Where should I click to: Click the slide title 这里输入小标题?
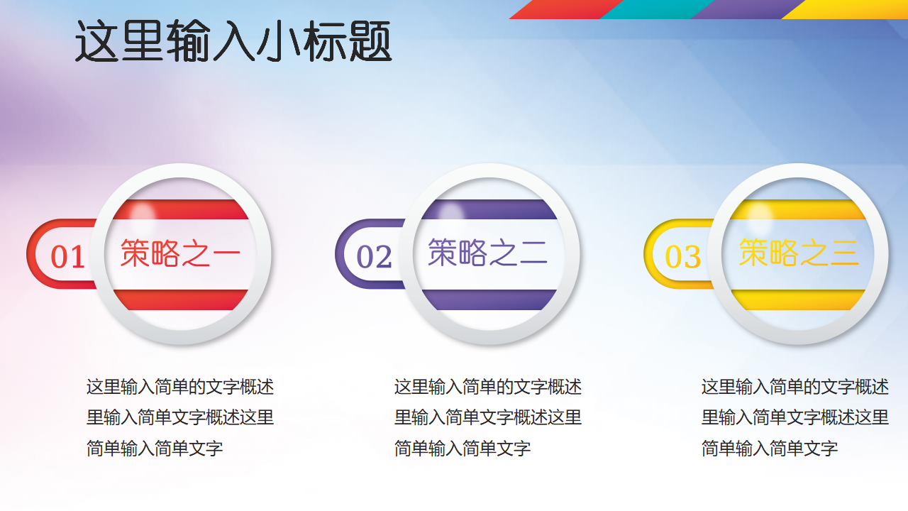pos(233,41)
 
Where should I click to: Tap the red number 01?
pos(67,257)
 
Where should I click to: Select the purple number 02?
pos(374,257)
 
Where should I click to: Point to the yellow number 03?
pos(682,257)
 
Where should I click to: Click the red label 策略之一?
pos(180,253)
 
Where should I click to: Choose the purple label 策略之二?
pos(487,253)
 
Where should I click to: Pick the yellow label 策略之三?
pos(799,253)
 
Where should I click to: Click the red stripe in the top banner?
pos(566,9)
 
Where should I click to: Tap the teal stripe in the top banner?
pos(657,9)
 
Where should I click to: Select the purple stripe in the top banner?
pos(748,9)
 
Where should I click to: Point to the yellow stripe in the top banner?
pos(845,9)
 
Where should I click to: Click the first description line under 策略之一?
pos(180,387)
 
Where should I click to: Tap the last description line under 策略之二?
pos(462,449)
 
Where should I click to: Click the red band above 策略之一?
pos(181,209)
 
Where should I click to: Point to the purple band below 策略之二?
pos(489,300)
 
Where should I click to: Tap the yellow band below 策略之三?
pos(798,300)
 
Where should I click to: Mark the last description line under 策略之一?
pos(155,449)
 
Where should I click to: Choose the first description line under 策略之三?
pos(795,387)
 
